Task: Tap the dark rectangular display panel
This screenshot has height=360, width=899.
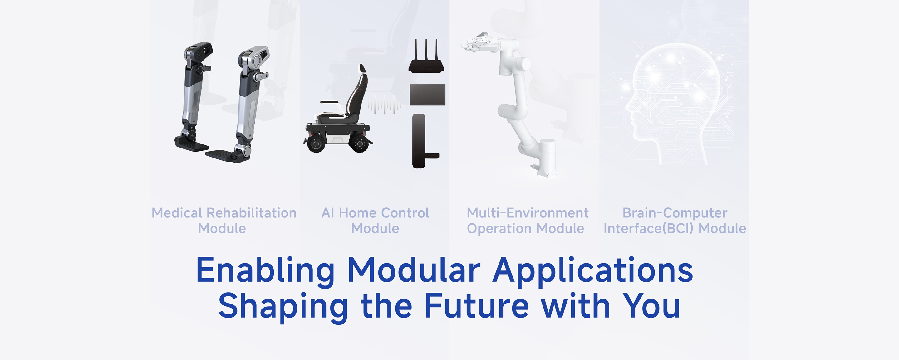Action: pos(428,95)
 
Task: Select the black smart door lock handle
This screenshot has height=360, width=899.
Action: pos(420,141)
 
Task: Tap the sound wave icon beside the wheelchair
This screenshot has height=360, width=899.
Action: pos(384,105)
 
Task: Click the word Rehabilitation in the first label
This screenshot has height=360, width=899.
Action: pos(252,213)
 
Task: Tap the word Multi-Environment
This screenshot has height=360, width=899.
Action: pos(528,213)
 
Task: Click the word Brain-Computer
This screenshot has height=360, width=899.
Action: pos(675,213)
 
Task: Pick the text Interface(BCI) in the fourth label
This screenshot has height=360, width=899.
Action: pos(650,228)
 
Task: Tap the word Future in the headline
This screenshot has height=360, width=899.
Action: pos(477,306)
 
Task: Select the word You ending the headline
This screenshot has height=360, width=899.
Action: pos(651,306)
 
